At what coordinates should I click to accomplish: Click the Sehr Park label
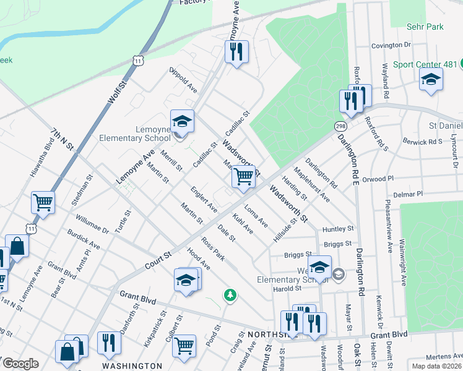[425, 27]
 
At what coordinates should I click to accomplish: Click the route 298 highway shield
[341, 126]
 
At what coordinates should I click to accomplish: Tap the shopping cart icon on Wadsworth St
[244, 177]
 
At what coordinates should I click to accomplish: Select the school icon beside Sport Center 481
[431, 80]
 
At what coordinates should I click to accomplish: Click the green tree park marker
[230, 295]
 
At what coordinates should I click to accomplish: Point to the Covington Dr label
[391, 46]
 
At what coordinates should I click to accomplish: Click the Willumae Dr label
[92, 224]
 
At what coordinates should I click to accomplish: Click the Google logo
[20, 364]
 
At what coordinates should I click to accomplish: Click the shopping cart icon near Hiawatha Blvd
[43, 202]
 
